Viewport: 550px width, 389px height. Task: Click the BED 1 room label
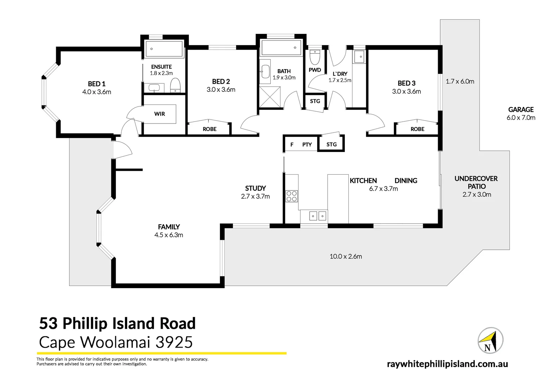click(96, 84)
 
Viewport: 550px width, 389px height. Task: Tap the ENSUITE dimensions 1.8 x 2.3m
click(161, 73)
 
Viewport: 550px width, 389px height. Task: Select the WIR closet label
click(159, 114)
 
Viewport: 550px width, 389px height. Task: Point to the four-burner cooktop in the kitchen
click(292, 196)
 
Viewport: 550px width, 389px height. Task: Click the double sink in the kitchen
click(318, 216)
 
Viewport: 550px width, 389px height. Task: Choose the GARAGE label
click(520, 109)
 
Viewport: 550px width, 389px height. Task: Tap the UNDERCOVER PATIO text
click(476, 182)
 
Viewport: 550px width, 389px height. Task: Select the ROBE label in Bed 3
click(417, 129)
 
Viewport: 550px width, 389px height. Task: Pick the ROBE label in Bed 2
click(209, 129)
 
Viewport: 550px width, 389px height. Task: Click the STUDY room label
click(255, 188)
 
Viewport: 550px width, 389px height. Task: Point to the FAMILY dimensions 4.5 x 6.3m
click(168, 235)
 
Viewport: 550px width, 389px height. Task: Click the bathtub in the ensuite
click(164, 49)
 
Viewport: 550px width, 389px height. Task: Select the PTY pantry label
click(307, 144)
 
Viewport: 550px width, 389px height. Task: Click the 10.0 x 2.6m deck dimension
click(346, 256)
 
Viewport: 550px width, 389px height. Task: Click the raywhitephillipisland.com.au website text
click(447, 364)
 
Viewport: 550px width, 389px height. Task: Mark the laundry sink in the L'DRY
click(359, 57)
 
